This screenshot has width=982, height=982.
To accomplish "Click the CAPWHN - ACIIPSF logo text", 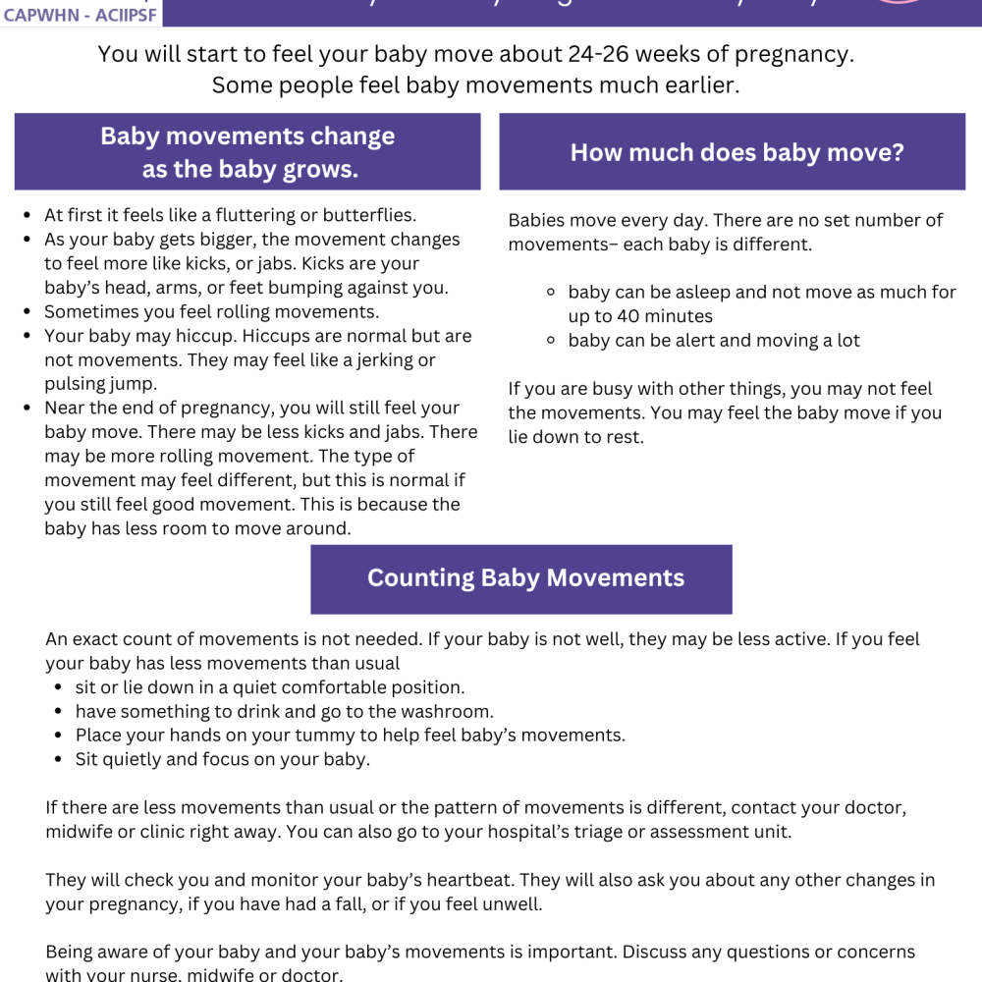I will tap(80, 15).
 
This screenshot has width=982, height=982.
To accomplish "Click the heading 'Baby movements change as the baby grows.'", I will tap(247, 152).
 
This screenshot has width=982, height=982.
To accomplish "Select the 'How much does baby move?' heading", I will tap(736, 152).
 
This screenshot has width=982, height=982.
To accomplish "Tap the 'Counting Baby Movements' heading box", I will tap(525, 577).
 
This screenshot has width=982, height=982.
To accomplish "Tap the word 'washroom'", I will tap(450, 711).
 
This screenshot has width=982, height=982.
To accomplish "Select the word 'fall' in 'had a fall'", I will tap(350, 904).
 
